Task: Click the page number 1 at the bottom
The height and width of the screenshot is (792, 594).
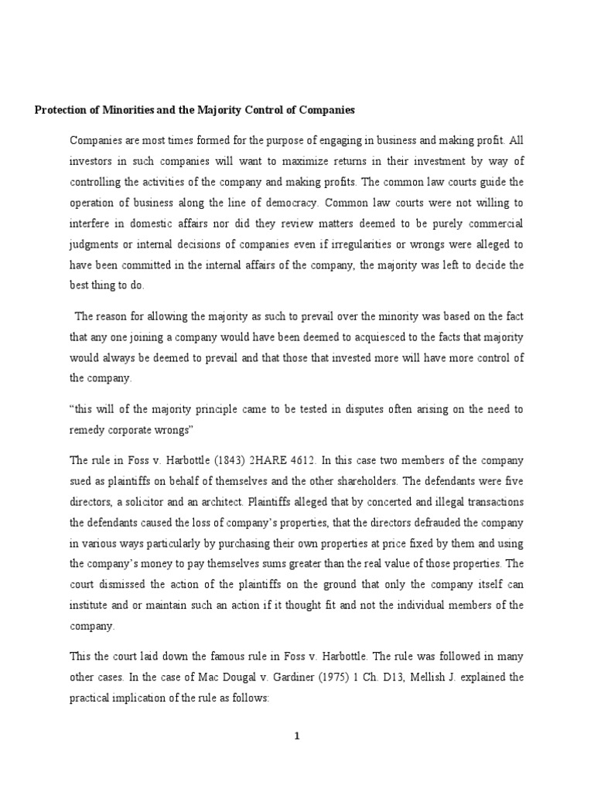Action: click(296, 736)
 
